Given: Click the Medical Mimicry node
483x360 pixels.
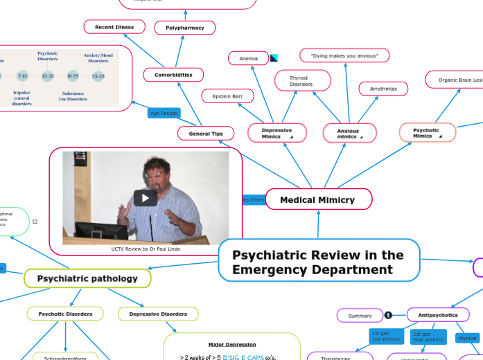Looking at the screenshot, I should [318, 199].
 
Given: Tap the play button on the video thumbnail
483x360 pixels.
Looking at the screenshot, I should [145, 197].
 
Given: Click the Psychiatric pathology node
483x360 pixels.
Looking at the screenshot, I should [87, 278].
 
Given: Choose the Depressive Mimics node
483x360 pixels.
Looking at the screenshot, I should [276, 133].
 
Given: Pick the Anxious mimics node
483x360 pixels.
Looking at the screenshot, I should [349, 133].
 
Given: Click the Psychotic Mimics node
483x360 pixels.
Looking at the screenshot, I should [427, 132].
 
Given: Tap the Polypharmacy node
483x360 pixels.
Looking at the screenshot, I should [184, 28].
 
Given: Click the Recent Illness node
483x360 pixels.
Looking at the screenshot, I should [114, 27].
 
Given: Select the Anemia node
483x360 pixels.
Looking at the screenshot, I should [248, 59].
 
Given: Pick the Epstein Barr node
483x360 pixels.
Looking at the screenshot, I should [227, 96].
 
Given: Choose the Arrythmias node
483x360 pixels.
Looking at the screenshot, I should [383, 89].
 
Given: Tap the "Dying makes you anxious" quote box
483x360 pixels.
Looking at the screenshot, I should [344, 55].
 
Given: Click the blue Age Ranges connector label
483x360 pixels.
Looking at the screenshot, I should [164, 113].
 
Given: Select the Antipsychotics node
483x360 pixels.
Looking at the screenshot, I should [438, 315].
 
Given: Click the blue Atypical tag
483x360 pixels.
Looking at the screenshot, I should [468, 338].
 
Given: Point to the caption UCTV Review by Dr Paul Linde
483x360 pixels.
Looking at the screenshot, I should [146, 249].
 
